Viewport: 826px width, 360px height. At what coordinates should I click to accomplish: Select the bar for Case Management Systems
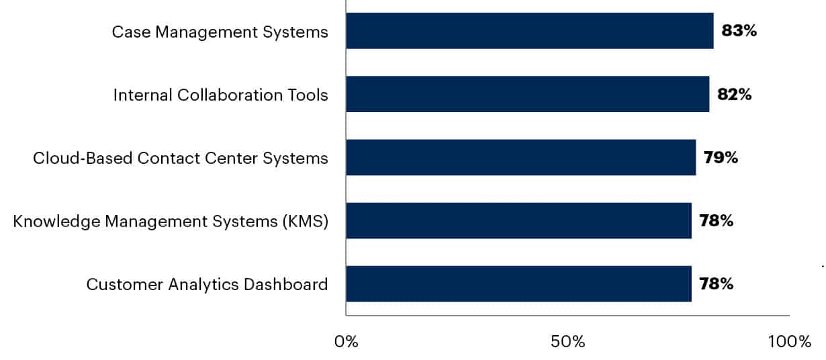click(529, 31)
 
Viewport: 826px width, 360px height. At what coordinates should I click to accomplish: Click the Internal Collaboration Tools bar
click(527, 94)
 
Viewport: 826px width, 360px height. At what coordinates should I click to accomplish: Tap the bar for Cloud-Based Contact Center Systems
click(520, 157)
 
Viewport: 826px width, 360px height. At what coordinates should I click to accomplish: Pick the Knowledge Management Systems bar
click(518, 220)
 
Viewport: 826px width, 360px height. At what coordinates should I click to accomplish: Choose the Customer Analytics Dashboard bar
click(518, 283)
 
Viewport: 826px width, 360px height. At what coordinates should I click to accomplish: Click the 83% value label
click(739, 31)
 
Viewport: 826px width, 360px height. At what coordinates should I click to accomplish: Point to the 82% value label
click(734, 94)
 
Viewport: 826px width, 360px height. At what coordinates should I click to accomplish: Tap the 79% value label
click(721, 157)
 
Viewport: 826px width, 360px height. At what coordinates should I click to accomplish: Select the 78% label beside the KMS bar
click(716, 220)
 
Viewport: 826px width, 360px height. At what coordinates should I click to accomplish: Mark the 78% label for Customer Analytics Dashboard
click(716, 283)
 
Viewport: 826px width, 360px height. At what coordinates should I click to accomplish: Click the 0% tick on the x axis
click(346, 342)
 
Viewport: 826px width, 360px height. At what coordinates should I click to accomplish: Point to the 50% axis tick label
click(567, 342)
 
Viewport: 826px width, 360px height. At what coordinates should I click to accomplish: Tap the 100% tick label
click(790, 342)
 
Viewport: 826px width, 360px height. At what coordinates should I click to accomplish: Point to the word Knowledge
click(55, 221)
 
